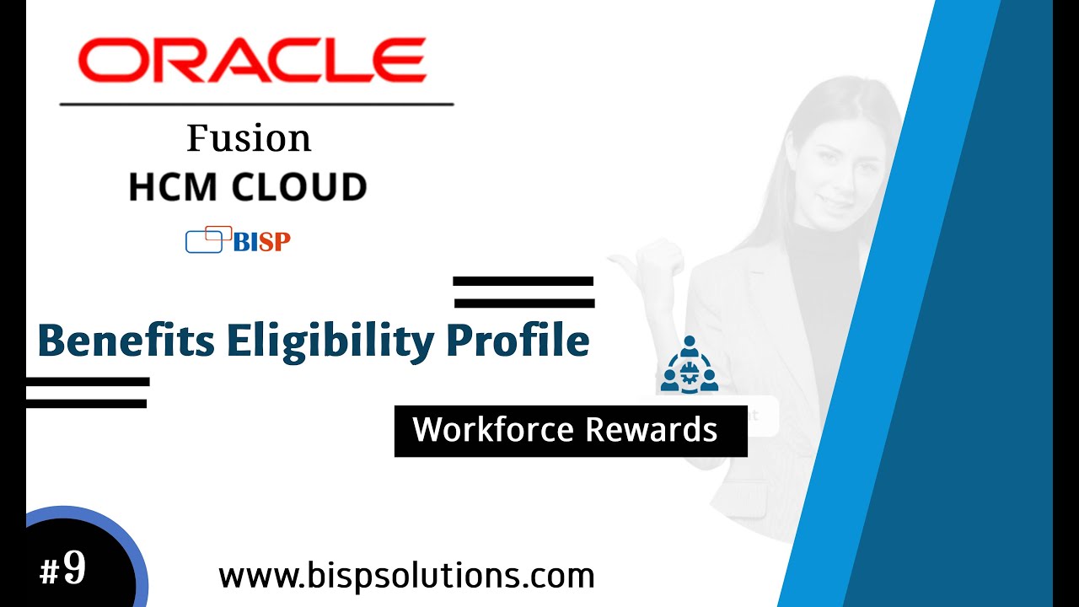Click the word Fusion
pyautogui.click(x=249, y=138)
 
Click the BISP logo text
pyautogui.click(x=261, y=242)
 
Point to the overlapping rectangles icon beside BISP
pyautogui.click(x=207, y=239)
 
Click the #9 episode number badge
pyautogui.click(x=63, y=568)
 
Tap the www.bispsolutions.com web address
pyautogui.click(x=406, y=577)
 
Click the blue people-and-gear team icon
pyautogui.click(x=690, y=366)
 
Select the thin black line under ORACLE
pyautogui.click(x=256, y=105)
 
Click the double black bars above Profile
pyautogui.click(x=523, y=292)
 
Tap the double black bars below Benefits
pyautogui.click(x=87, y=393)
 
